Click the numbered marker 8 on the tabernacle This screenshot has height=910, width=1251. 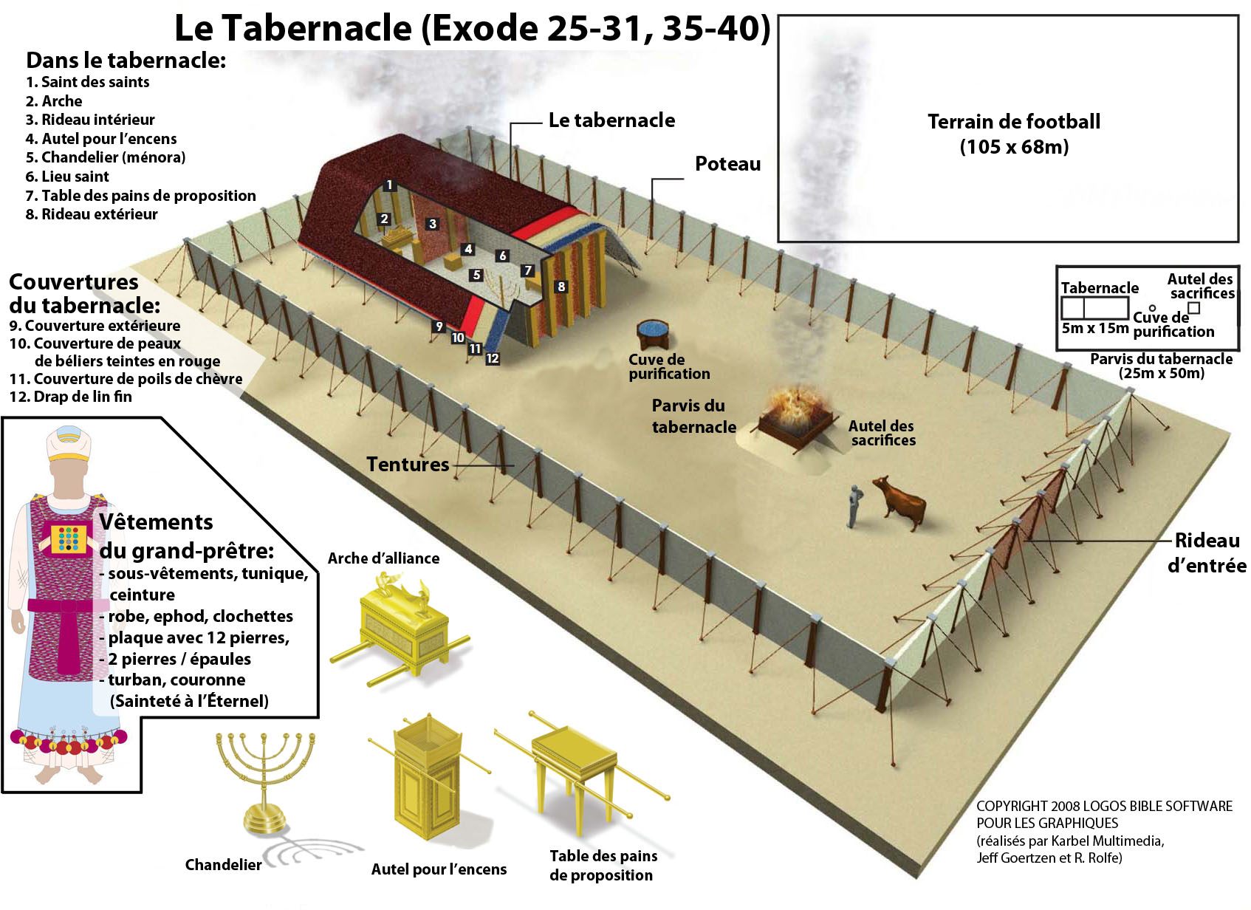tap(561, 287)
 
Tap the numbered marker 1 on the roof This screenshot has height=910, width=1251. tap(390, 185)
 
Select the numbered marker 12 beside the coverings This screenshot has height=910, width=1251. tap(492, 359)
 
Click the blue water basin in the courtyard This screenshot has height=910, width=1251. tap(652, 334)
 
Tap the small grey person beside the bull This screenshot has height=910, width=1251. tap(854, 506)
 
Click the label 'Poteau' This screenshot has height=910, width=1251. tap(727, 164)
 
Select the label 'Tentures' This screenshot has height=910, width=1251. tap(408, 464)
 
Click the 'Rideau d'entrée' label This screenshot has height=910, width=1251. tap(1207, 553)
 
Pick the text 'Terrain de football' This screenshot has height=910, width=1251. tap(1014, 121)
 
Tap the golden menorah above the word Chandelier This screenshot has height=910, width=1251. tap(265, 782)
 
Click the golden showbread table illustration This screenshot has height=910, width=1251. tap(580, 768)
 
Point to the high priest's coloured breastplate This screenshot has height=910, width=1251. tap(68, 539)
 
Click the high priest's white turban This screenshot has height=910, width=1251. tap(69, 443)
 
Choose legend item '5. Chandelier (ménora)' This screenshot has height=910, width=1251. tap(106, 157)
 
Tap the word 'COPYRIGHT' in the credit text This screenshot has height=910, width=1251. tap(1012, 806)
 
